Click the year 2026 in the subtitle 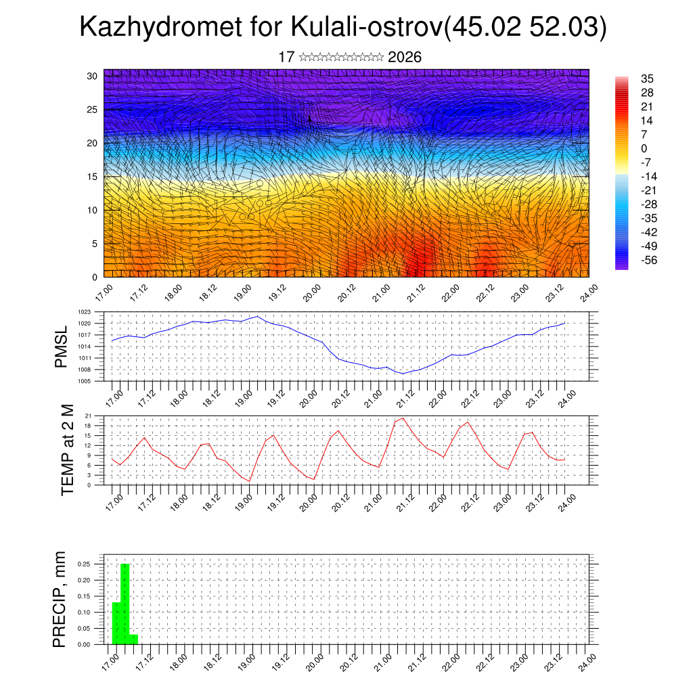[405, 58]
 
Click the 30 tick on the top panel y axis [92, 76]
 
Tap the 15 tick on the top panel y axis [92, 177]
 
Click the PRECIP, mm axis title [61, 599]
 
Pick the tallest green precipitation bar [125, 604]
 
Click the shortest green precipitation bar [133, 640]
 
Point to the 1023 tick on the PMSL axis [85, 312]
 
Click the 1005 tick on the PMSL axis [85, 381]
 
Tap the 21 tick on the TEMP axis [88, 416]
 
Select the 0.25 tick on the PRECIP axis [84, 564]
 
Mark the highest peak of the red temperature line [403, 418]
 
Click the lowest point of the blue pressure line [403, 374]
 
